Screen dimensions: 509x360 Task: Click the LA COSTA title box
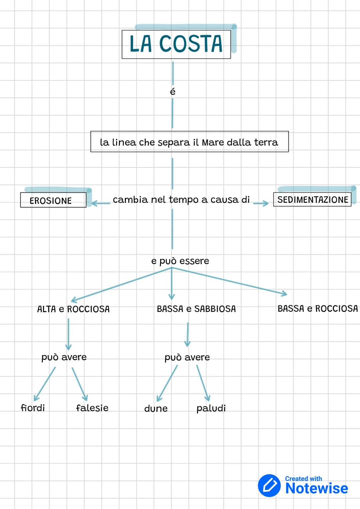pyautogui.click(x=176, y=44)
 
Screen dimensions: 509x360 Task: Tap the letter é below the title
pyautogui.click(x=173, y=91)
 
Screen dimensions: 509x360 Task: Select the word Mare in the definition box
pyautogui.click(x=213, y=142)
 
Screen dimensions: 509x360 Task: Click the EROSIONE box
pyautogui.click(x=53, y=200)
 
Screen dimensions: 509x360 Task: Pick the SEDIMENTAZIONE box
pyautogui.click(x=312, y=200)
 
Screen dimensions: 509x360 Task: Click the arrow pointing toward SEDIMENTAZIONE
pyautogui.click(x=261, y=203)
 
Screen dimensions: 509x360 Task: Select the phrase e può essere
pyautogui.click(x=180, y=261)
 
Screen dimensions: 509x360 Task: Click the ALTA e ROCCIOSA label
pyautogui.click(x=73, y=309)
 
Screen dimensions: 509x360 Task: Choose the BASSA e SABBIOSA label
pyautogui.click(x=196, y=309)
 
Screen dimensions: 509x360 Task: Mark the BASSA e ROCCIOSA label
pyautogui.click(x=318, y=309)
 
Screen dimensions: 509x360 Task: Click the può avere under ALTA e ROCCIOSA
pyautogui.click(x=64, y=357)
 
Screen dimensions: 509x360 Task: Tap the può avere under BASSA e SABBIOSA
pyautogui.click(x=187, y=358)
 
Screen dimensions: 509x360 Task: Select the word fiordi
pyautogui.click(x=33, y=408)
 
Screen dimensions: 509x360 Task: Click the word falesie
pyautogui.click(x=92, y=408)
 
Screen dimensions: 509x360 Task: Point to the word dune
pyautogui.click(x=156, y=409)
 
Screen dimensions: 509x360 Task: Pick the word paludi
pyautogui.click(x=211, y=408)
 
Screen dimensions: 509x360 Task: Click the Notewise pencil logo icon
pyautogui.click(x=269, y=485)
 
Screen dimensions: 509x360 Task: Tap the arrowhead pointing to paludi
pyautogui.click(x=207, y=397)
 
